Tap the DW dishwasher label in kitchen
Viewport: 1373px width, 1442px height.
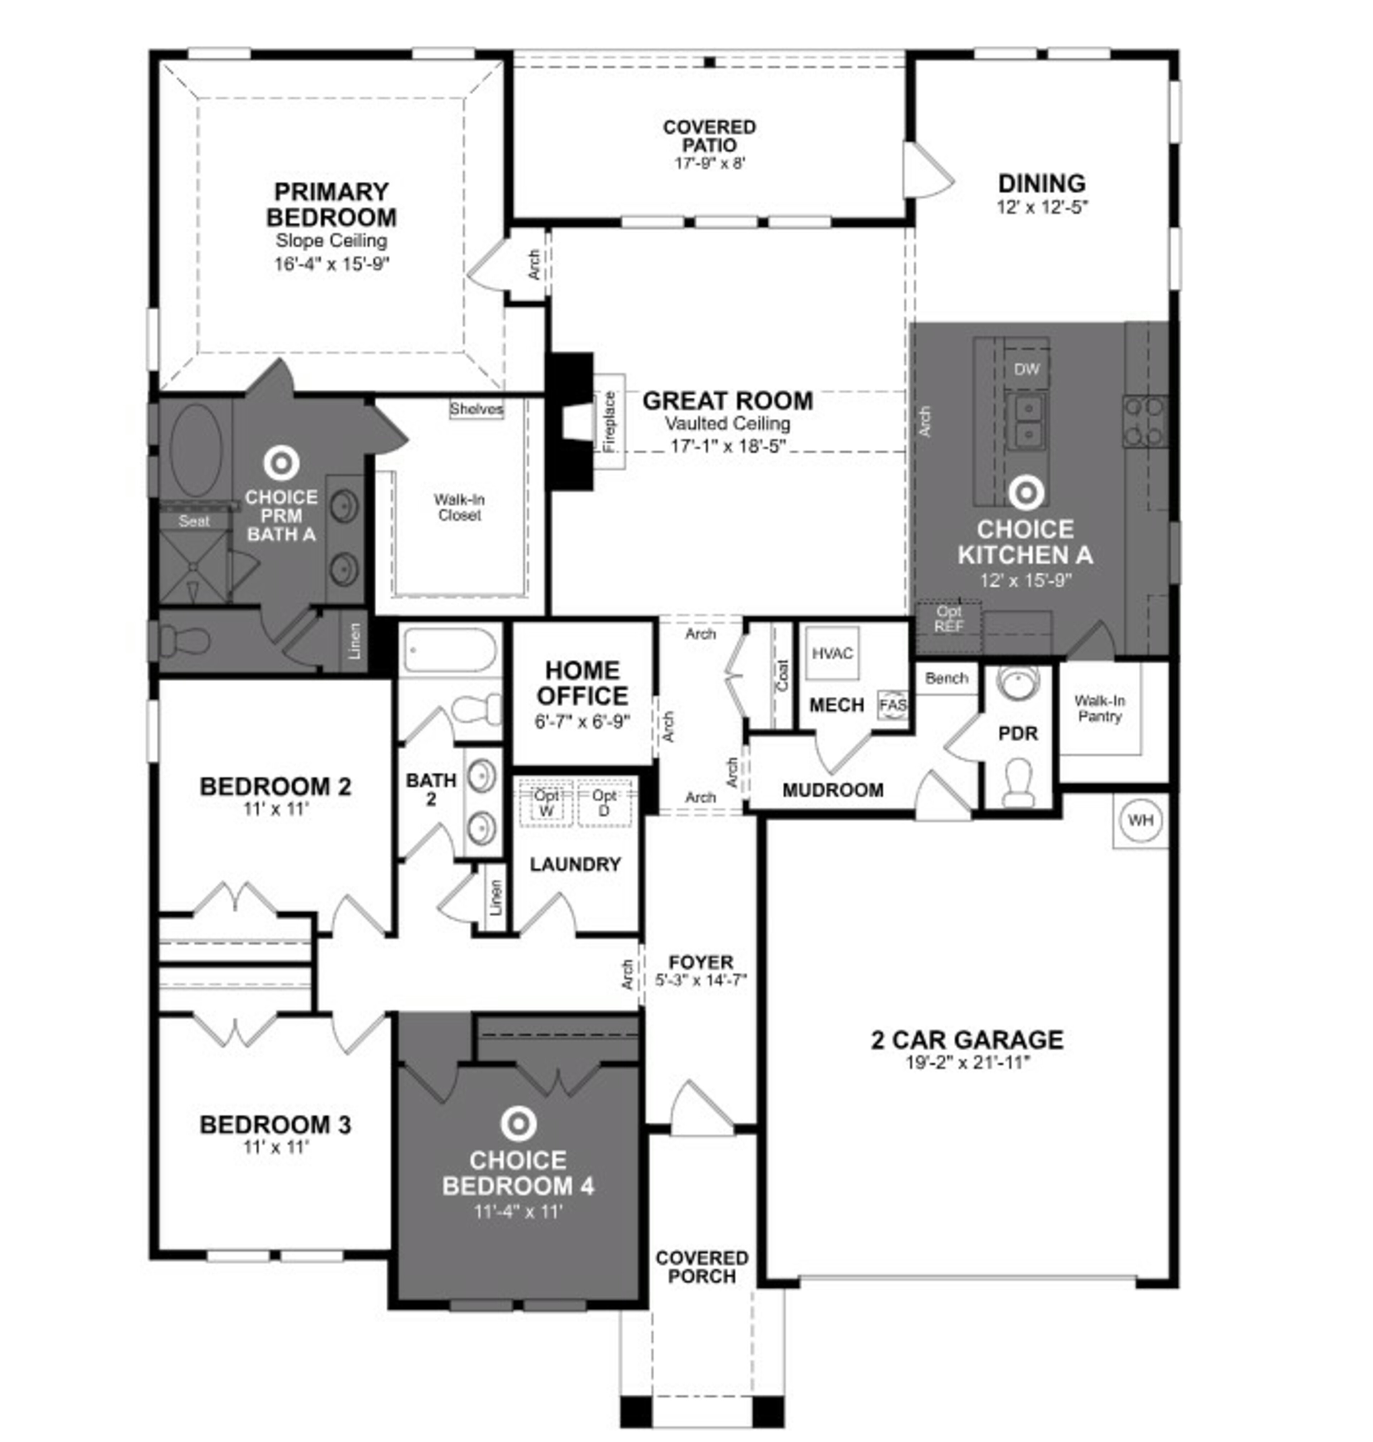pos(1026,370)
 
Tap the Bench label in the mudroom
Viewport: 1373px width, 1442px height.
pos(946,678)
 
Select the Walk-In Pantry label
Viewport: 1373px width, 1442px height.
pos(1099,708)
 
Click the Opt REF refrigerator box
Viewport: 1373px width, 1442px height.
pos(949,619)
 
